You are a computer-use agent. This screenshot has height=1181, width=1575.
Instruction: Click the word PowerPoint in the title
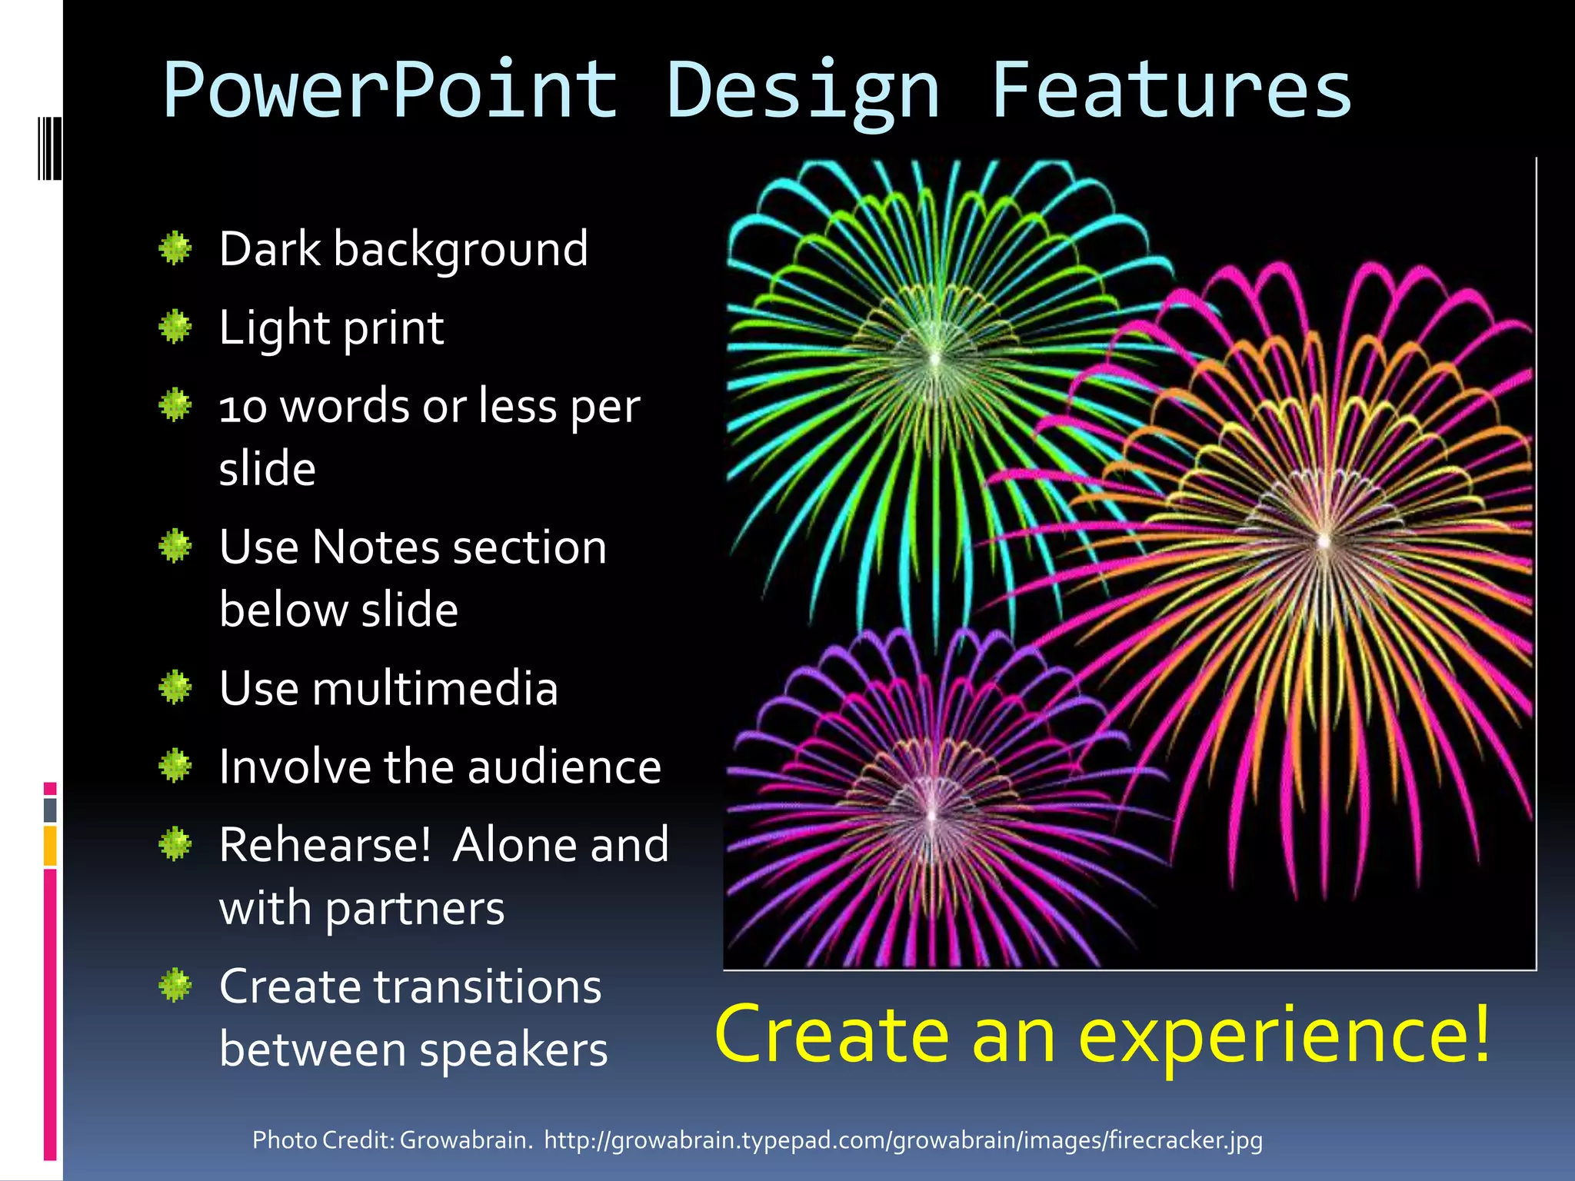390,91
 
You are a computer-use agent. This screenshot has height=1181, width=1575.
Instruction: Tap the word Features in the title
1170,91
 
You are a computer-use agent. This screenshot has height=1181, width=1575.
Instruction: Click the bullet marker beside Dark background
175,248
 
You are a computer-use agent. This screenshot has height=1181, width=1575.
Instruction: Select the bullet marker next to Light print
175,328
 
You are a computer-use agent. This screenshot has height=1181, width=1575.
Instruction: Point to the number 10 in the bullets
243,408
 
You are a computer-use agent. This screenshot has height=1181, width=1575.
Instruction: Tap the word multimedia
435,688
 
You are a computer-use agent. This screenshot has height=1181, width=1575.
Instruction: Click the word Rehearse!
325,845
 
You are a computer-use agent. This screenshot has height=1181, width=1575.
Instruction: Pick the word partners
415,910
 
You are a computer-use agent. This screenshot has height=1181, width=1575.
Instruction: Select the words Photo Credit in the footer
323,1139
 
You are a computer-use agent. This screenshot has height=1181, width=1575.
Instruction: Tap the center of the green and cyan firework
935,358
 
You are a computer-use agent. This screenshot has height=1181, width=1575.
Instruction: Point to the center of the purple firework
931,815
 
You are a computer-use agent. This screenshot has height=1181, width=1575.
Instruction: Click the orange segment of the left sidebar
50,846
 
